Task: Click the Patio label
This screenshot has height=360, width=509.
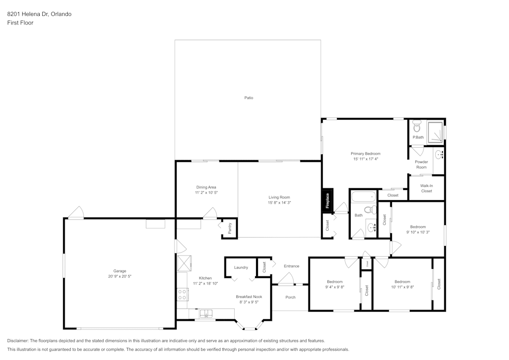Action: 248,98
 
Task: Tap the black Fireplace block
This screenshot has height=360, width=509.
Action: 327,200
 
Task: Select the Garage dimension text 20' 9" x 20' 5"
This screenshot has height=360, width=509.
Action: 120,276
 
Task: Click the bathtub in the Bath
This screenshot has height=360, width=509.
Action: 363,196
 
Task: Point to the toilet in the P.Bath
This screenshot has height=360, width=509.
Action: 417,127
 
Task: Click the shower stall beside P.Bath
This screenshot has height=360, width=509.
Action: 435,131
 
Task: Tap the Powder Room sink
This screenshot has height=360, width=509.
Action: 439,154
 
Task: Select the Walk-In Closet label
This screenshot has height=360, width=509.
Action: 427,188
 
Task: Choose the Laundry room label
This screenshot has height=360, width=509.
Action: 241,267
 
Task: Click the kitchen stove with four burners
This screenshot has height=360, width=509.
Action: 182,294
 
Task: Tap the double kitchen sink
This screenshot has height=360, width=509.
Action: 206,313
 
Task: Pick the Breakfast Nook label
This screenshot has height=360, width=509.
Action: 249,296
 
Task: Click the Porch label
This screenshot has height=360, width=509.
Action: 290,297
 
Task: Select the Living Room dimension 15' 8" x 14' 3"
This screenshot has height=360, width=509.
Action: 279,203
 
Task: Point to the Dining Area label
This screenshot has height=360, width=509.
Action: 206,187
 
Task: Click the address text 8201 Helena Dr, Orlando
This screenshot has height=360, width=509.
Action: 39,14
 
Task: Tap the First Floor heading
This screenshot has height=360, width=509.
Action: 20,23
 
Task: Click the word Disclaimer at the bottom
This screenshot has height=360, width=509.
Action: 18,341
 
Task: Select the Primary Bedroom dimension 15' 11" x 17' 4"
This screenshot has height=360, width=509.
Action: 365,159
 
